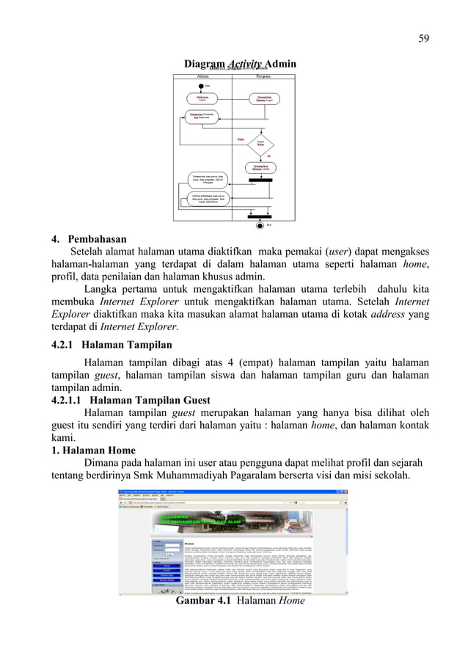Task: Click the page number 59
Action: click(424, 39)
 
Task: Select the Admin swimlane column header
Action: click(204, 76)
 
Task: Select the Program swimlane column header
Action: click(262, 76)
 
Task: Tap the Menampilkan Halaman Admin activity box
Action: click(262, 168)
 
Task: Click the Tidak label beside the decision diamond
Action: click(239, 139)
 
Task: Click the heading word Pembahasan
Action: click(98, 239)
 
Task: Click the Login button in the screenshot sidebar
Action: click(169, 555)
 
